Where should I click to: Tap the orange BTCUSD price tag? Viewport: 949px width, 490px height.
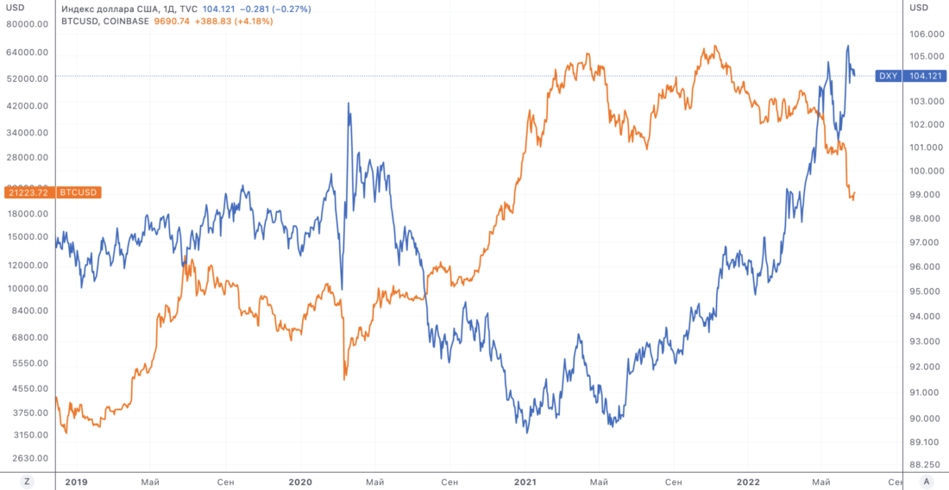[51, 192]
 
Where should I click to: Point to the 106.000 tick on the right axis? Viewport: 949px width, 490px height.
[926, 35]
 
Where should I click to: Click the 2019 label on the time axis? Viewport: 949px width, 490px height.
[78, 481]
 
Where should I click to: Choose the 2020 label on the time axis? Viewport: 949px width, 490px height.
[300, 481]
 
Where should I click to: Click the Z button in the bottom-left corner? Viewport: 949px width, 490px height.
[28, 481]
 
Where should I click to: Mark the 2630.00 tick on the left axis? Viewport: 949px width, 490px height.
[26, 458]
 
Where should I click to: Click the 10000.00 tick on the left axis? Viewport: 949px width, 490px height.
[26, 288]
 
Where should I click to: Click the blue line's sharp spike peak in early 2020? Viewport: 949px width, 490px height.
[349, 104]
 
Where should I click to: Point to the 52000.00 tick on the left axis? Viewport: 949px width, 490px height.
[26, 79]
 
